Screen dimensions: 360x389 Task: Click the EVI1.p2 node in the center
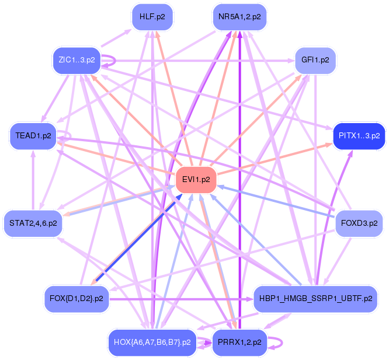196,179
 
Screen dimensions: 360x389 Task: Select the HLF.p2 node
152,17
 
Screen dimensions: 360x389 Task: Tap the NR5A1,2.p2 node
239,17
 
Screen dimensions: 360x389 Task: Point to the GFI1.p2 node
315,60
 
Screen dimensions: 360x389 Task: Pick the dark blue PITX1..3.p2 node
359,135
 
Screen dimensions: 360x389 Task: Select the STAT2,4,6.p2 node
33,223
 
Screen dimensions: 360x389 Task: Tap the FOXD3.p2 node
359,223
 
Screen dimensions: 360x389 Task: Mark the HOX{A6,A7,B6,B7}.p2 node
152,342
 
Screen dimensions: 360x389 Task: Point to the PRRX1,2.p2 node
239,342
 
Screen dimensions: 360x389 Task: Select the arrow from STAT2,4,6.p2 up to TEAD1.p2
34,181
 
